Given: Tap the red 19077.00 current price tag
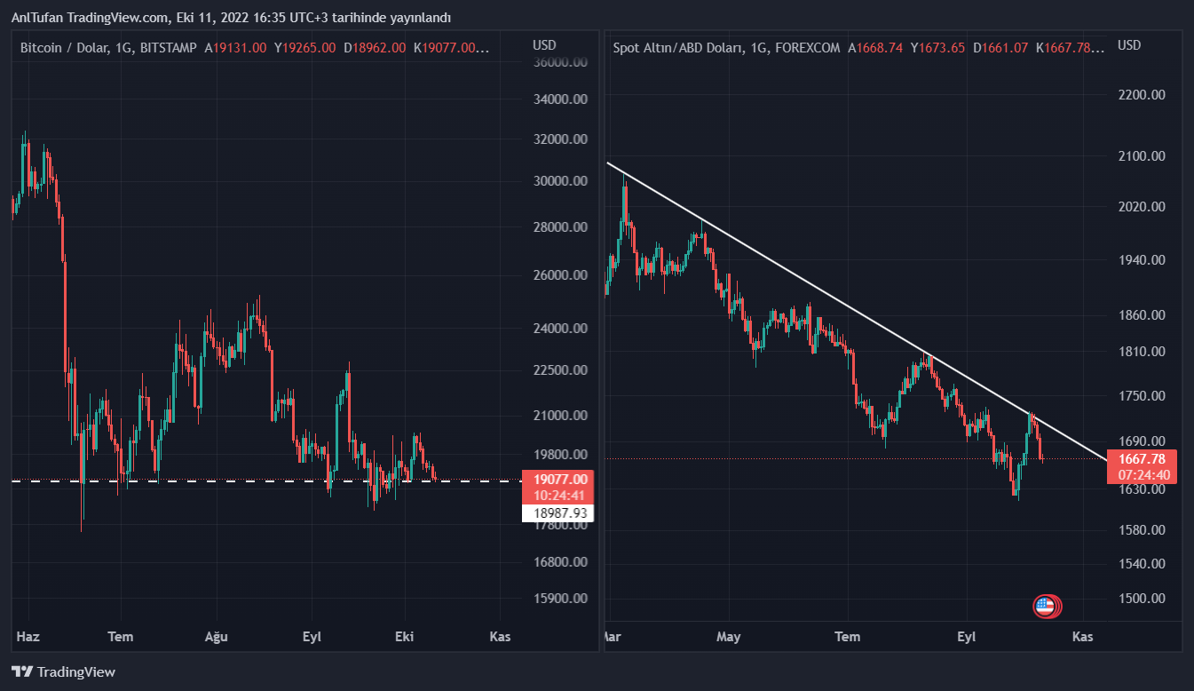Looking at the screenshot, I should point(560,479).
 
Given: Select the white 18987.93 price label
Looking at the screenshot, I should point(560,512).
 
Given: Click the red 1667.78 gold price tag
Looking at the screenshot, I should point(1143,459).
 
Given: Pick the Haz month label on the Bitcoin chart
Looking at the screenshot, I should point(28,636).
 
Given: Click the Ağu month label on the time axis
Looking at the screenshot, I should point(216,636).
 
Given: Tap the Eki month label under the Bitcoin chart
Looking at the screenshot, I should point(405,636).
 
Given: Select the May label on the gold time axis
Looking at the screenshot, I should point(728,636).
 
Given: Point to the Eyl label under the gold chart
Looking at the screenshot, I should point(966,636).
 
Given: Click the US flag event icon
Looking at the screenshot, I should point(1045,607).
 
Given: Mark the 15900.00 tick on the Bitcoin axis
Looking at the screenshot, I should point(559,598).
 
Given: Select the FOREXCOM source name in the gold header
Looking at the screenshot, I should point(807,48).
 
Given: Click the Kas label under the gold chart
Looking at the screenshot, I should point(1082,636).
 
